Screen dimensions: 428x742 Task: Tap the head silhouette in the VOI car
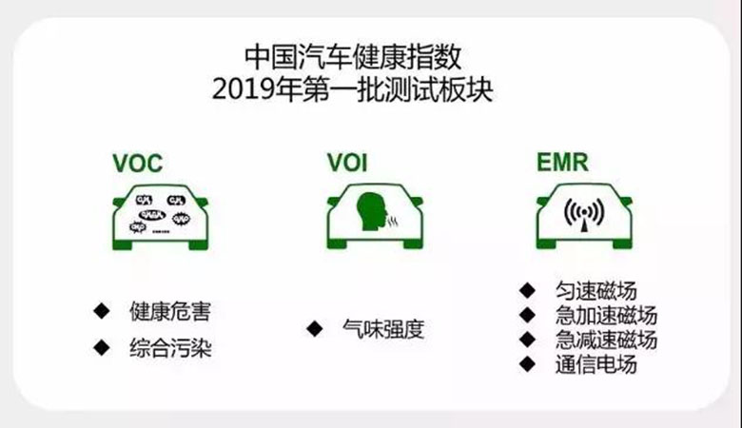click(x=368, y=216)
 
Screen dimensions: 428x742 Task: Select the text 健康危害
click(x=170, y=312)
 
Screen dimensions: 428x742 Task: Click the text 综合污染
click(x=170, y=349)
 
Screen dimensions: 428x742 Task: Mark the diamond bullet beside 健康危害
click(x=102, y=310)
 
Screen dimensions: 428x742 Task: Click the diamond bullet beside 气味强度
click(x=314, y=329)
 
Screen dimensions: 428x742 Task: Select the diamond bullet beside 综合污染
click(x=102, y=347)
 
